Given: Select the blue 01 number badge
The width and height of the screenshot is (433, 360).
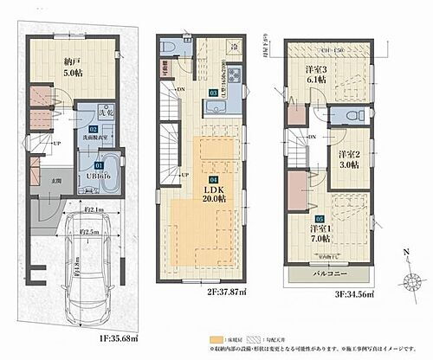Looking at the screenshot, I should click(x=98, y=160).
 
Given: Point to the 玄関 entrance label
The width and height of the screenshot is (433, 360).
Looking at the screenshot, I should click(x=55, y=180).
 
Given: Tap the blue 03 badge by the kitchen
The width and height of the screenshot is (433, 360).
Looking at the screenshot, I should click(x=212, y=91).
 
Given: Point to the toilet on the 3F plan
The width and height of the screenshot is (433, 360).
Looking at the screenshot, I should click(x=350, y=118).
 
